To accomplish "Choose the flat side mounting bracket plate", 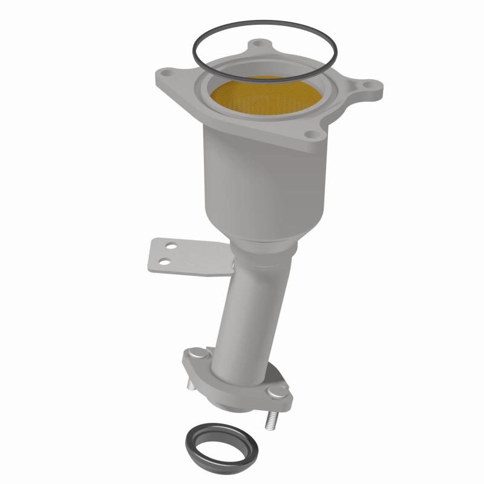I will click(x=188, y=257).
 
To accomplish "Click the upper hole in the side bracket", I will click(x=172, y=247).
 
